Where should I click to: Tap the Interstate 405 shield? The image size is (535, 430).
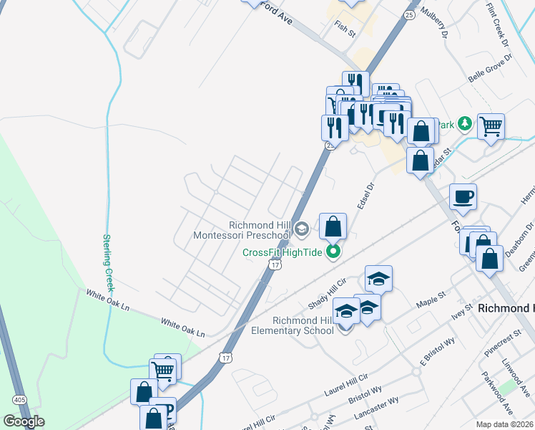18,399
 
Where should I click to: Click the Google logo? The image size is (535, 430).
24,421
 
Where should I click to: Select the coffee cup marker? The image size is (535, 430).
463,196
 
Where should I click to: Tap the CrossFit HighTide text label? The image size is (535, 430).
282,252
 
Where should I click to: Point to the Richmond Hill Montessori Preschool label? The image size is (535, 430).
243,229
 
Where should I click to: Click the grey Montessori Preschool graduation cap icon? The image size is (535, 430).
301,229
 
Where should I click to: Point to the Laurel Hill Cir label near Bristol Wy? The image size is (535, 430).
345,380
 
